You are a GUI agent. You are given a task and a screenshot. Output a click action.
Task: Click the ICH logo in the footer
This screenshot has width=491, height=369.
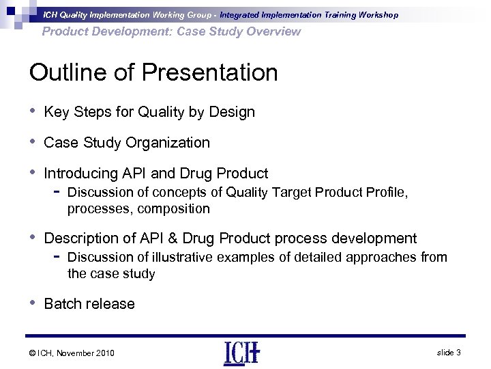(241, 353)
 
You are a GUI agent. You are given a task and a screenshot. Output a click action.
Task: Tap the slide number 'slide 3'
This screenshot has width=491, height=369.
(447, 352)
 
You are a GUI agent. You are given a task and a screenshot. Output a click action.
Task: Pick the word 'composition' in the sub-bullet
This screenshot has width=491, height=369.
(173, 208)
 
